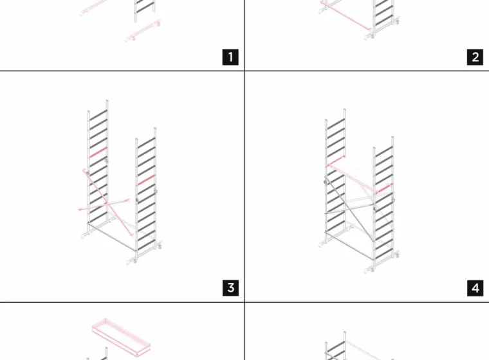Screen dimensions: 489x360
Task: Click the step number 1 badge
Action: pyautogui.click(x=230, y=57)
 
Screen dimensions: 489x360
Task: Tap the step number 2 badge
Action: pyautogui.click(x=475, y=57)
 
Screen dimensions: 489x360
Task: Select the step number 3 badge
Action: pyautogui.click(x=230, y=288)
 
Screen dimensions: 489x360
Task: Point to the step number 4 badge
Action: pyautogui.click(x=475, y=288)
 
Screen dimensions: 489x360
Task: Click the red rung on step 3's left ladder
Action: pyautogui.click(x=98, y=152)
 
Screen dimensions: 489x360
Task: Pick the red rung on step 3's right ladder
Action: pyautogui.click(x=146, y=180)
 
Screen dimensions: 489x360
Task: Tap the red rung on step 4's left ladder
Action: pyautogui.click(x=336, y=161)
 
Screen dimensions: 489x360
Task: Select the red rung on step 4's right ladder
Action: pyautogui.click(x=384, y=188)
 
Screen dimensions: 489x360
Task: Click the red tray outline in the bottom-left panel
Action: pyautogui.click(x=122, y=337)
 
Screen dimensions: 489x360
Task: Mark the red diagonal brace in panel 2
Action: pyautogui.click(x=346, y=16)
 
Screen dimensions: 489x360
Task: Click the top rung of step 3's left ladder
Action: pyautogui.click(x=98, y=114)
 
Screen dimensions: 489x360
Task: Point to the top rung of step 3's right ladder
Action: pyautogui.click(x=146, y=143)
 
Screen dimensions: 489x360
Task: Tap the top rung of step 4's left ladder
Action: pyautogui.click(x=336, y=123)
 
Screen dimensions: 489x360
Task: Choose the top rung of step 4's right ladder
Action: pyautogui.click(x=384, y=151)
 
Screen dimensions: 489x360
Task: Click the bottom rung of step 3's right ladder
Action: pyautogui.click(x=146, y=245)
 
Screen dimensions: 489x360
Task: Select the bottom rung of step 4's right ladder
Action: pyautogui.click(x=384, y=254)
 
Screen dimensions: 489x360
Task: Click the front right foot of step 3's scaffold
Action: pyautogui.click(x=133, y=261)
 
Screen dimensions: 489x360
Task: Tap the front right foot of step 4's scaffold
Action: pyautogui.click(x=370, y=269)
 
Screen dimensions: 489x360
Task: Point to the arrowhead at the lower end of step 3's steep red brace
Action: pyautogui.click(x=132, y=234)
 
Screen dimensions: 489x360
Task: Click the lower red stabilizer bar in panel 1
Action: pyautogui.click(x=143, y=31)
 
